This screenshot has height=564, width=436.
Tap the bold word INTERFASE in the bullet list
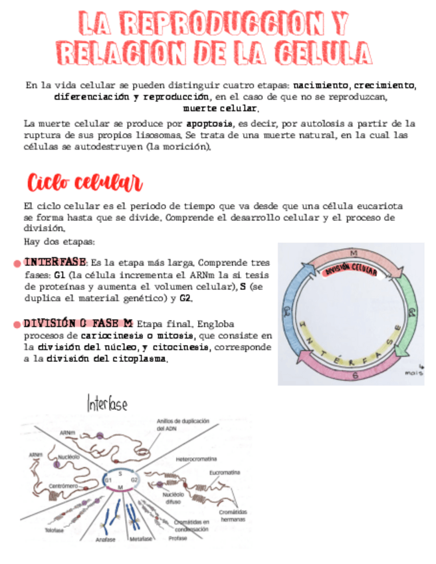[55, 261]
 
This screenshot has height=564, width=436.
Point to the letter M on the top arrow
[353, 253]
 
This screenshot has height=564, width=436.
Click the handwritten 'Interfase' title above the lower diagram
[107, 403]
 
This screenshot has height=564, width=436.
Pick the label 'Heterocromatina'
[197, 460]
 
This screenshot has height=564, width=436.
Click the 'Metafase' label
[141, 539]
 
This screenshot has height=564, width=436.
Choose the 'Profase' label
[177, 538]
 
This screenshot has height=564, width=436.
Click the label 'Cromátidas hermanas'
[233, 515]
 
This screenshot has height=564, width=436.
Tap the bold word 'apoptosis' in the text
[209, 123]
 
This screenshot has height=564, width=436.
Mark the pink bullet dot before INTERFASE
[17, 263]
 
